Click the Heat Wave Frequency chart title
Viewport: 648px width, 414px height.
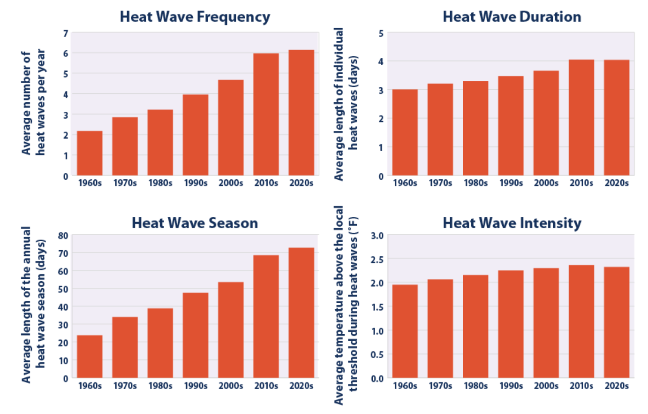coord(195,17)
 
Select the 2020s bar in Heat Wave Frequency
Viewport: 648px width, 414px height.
coord(301,113)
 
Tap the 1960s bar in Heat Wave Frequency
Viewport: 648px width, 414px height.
coord(90,153)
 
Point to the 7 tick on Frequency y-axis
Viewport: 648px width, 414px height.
coord(66,33)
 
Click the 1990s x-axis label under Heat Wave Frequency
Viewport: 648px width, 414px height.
coord(195,183)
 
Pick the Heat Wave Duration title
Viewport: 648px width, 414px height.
coord(512,17)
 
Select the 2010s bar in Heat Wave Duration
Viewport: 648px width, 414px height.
coord(581,117)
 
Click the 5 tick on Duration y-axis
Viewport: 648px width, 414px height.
coord(381,33)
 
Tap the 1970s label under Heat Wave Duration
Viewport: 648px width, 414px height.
coord(440,183)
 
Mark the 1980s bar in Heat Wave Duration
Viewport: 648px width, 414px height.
coord(475,128)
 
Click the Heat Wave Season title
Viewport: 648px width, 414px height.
coord(195,222)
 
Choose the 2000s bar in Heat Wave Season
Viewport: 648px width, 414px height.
coord(231,330)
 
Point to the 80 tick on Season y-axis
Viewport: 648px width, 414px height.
coord(63,236)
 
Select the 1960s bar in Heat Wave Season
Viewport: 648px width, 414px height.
coord(90,357)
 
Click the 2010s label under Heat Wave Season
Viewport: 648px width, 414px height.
coord(266,386)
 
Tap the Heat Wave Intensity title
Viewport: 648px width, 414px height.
coord(512,222)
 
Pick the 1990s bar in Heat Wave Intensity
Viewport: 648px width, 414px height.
coord(511,324)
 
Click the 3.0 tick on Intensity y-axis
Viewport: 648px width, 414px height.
coord(377,236)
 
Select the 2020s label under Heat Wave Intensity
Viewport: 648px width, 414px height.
coord(616,386)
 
